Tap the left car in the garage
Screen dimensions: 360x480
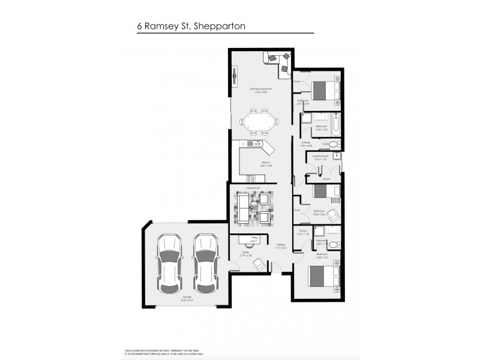[x=169, y=263]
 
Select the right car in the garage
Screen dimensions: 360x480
[x=205, y=263]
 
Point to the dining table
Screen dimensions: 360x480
[x=259, y=122]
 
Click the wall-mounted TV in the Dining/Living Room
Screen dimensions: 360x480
[x=234, y=77]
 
